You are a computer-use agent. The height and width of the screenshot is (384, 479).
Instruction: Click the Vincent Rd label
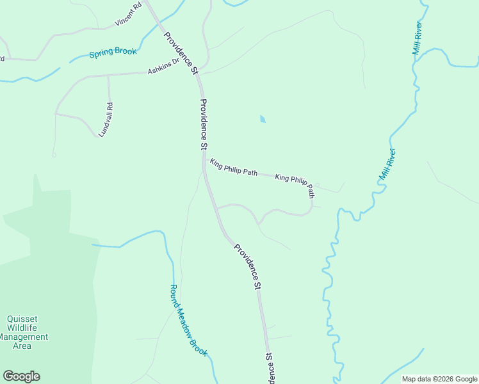tap(128, 15)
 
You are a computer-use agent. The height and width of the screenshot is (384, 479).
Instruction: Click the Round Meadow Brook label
tap(188, 320)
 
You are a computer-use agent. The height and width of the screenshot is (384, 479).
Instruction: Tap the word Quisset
tap(24, 319)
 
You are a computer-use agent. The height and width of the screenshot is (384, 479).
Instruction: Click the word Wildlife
tap(24, 328)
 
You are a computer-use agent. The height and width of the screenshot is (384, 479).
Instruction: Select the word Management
tap(24, 337)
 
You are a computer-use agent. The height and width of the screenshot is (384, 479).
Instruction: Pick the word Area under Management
tap(22, 346)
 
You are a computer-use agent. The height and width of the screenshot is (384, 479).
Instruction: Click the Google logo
tap(21, 376)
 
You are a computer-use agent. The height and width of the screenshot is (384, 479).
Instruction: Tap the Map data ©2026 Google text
tap(440, 379)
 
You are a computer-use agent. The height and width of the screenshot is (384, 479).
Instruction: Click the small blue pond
tap(263, 119)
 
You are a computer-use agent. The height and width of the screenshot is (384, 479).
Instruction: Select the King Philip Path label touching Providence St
tap(234, 168)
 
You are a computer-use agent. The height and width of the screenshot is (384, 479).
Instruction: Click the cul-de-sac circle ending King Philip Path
tap(317, 186)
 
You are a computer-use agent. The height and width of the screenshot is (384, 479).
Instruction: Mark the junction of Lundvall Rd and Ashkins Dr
tap(108, 76)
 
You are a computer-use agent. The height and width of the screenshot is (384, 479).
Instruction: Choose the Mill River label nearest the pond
tap(388, 164)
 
